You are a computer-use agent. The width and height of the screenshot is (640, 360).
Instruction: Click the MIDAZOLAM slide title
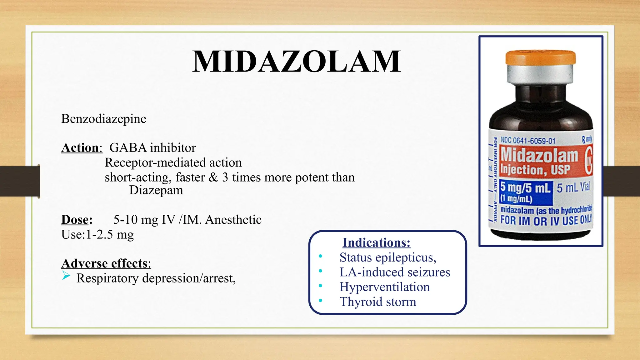tap(296, 62)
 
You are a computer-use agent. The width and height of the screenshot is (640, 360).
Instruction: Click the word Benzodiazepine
tap(103, 119)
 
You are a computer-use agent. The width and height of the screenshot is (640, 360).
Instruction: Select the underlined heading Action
tap(80, 148)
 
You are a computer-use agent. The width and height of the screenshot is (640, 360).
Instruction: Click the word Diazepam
tap(156, 190)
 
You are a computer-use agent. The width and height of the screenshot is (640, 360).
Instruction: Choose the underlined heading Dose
tap(75, 220)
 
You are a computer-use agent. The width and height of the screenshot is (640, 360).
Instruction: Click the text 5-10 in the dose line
tap(125, 220)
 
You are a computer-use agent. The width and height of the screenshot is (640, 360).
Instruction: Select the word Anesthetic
tap(233, 220)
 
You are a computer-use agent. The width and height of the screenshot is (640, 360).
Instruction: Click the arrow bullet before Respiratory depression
tap(66, 276)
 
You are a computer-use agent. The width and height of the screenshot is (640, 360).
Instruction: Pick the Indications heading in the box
tap(376, 242)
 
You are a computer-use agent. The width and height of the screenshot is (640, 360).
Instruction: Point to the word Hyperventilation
tap(384, 287)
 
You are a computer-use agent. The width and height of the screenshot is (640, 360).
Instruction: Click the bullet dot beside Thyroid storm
tap(320, 301)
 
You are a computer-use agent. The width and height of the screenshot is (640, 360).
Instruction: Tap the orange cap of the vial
tap(540, 57)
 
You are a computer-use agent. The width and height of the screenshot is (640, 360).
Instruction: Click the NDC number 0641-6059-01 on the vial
tap(534, 141)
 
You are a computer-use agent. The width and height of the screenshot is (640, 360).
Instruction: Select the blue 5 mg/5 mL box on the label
tap(525, 192)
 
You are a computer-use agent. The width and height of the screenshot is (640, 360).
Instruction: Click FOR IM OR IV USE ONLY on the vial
tap(546, 220)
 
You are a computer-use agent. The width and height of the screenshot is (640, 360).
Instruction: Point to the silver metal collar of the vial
tap(540, 74)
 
